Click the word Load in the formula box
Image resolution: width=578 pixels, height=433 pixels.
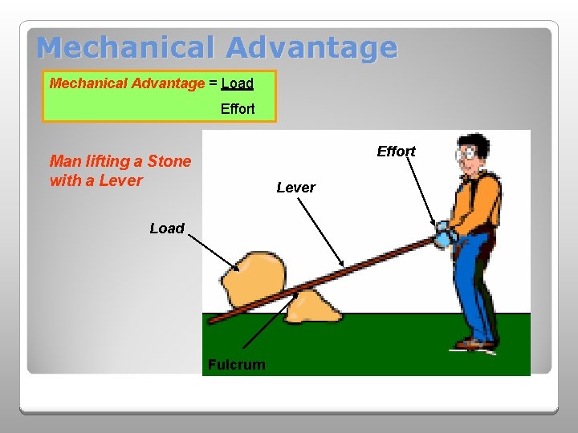coord(237,83)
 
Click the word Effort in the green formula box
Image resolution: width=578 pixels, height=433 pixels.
coord(238,109)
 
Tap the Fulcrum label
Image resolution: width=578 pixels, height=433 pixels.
coord(236,365)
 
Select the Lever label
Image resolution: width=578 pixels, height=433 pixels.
coord(295,188)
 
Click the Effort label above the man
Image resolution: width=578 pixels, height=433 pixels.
coord(396,152)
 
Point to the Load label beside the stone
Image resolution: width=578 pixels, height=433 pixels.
coord(167,229)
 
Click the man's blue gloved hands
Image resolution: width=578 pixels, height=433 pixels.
coord(444,236)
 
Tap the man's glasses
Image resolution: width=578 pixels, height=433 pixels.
coord(466,156)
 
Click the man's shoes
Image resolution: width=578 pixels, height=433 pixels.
coord(475,343)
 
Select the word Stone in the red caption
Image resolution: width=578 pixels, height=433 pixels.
coord(169,161)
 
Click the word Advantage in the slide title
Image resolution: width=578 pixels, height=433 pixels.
coord(311,48)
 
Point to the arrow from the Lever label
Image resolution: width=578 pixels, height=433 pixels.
coord(320,233)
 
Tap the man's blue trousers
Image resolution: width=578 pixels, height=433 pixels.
coord(473,289)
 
